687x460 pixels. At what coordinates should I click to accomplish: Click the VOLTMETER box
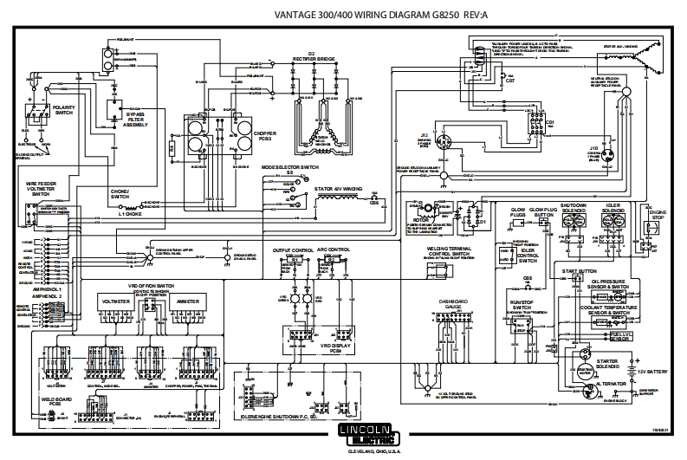116,301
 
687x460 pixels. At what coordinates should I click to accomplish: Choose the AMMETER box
188,301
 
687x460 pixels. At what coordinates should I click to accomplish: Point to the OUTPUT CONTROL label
293,249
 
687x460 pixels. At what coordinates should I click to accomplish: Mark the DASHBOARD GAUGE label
456,304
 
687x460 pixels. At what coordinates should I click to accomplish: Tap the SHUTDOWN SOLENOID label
571,209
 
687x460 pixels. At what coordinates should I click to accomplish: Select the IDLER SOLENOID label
612,209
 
